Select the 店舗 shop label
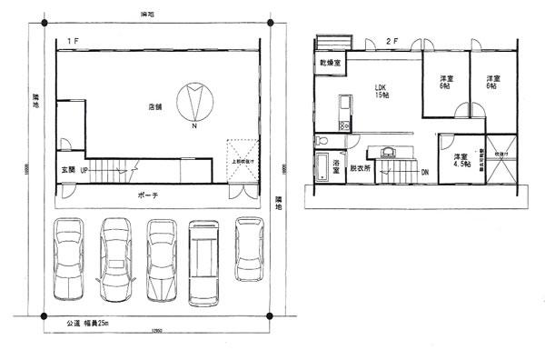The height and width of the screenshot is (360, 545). pos(154,107)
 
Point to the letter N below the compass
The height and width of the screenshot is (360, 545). pos(193,127)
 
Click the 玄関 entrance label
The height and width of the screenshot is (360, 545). pos(68,170)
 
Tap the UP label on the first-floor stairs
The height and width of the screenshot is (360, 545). pos(84,170)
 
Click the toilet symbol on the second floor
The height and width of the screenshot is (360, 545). pos(323,141)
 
